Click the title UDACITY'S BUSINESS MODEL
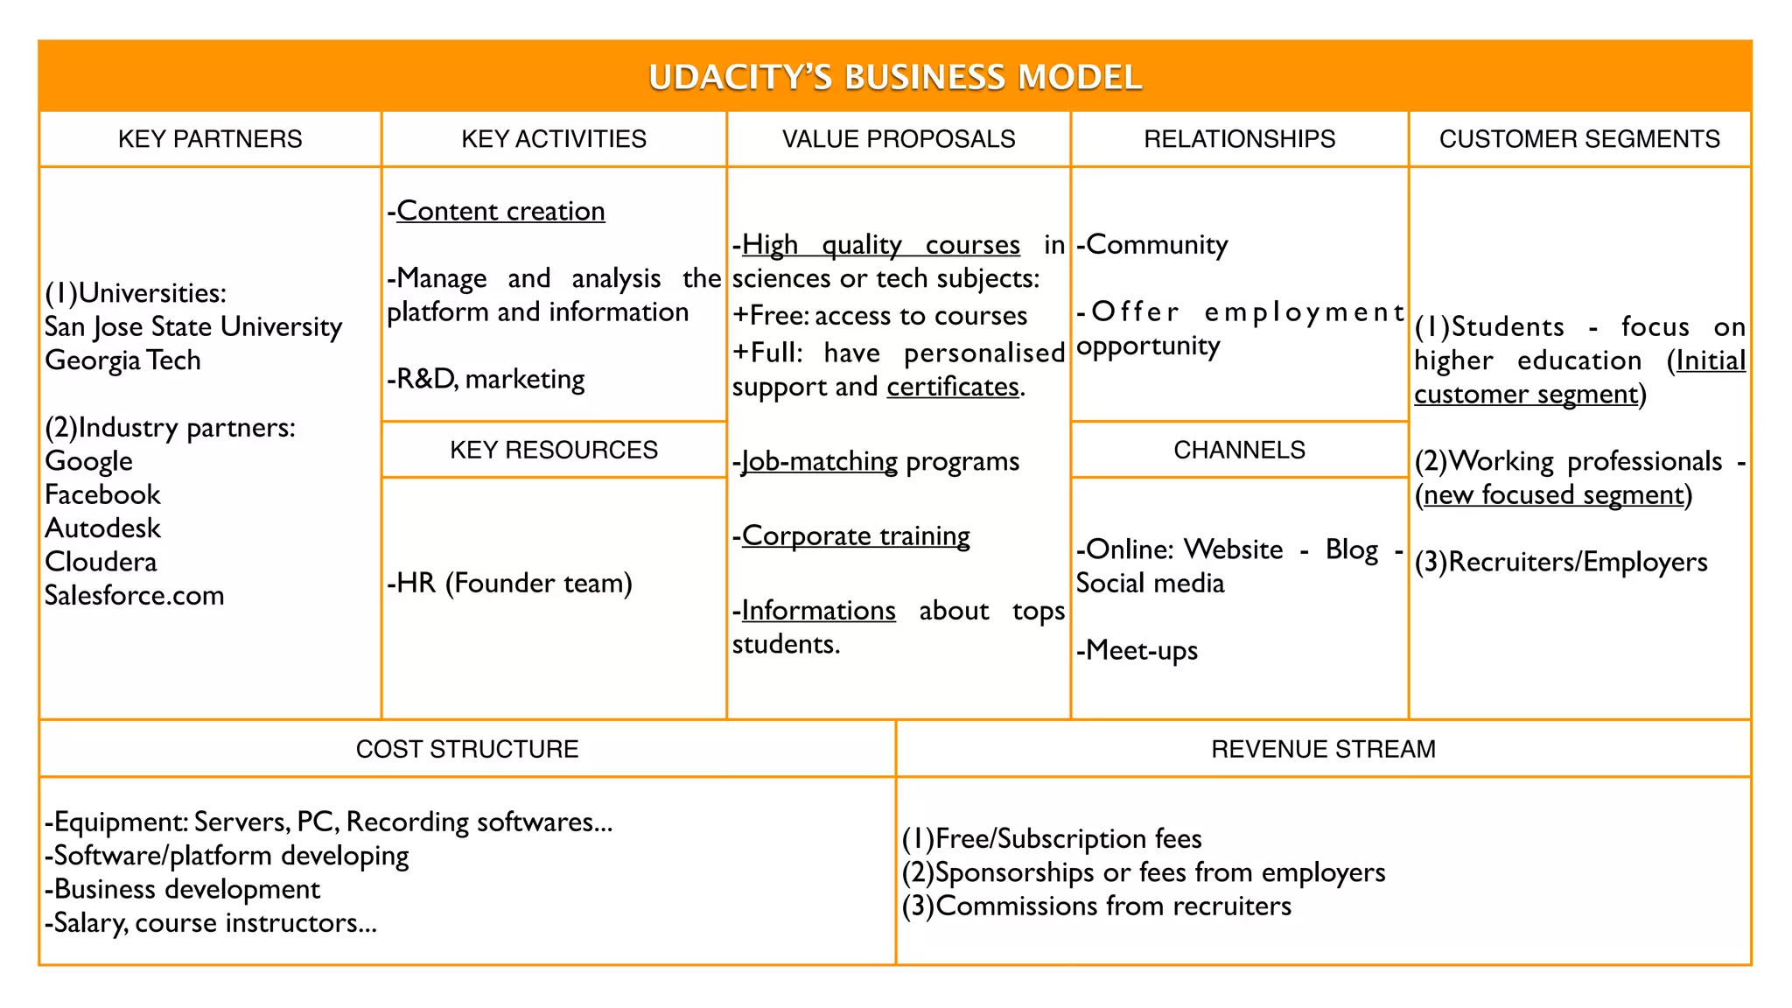(x=894, y=77)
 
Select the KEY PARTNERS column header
(x=210, y=139)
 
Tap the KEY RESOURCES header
(x=553, y=450)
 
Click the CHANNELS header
(x=1239, y=450)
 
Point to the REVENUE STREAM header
(x=1323, y=749)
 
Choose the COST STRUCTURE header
(x=467, y=749)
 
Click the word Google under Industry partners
(x=89, y=461)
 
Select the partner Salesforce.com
(x=135, y=596)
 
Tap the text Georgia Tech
(x=123, y=360)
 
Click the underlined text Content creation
(x=500, y=212)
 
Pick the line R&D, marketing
(x=486, y=380)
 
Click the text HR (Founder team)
(x=510, y=584)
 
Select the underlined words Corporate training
(x=856, y=535)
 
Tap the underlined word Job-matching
(x=819, y=461)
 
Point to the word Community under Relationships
(x=1157, y=245)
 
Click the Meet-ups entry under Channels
(x=1137, y=651)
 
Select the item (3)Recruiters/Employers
(x=1561, y=562)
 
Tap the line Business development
(x=184, y=890)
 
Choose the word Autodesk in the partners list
(x=103, y=528)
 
